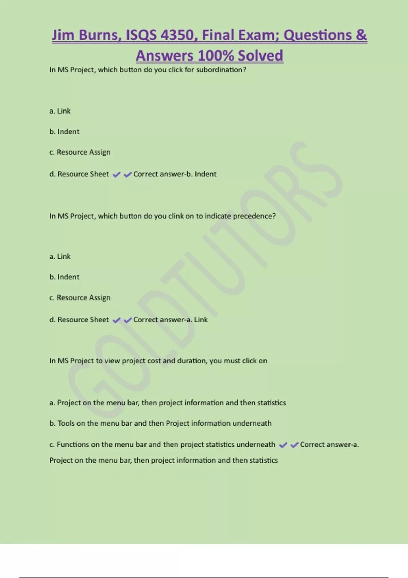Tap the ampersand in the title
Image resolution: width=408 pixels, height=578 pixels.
click(361, 35)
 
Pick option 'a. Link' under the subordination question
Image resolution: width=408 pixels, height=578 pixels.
click(60, 111)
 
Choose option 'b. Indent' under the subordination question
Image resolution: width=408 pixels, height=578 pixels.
click(64, 132)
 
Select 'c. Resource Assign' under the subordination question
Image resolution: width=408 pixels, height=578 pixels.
click(80, 152)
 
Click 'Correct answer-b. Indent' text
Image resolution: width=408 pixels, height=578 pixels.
click(175, 174)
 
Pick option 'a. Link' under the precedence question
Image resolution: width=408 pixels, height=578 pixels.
click(60, 257)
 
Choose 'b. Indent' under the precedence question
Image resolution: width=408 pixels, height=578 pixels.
click(64, 277)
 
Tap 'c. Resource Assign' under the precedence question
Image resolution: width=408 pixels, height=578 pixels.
click(80, 298)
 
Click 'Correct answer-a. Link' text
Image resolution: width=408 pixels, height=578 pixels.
click(170, 320)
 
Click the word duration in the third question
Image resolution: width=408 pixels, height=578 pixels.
click(192, 361)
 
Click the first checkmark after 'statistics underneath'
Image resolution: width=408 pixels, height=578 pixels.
click(283, 445)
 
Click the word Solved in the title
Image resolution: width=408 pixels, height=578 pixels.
click(260, 56)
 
